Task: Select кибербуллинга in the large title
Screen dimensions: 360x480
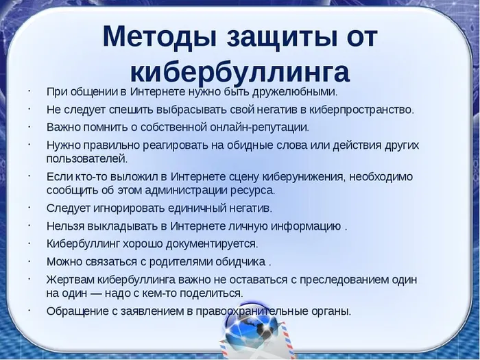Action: tap(239, 71)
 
